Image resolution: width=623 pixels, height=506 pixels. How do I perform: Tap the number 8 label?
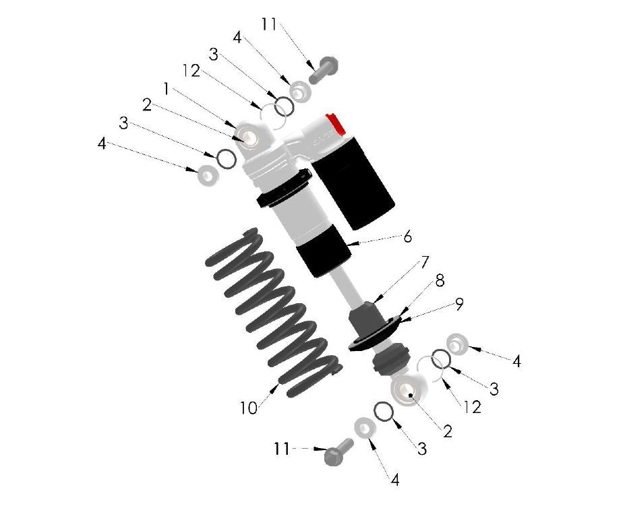[x=440, y=281]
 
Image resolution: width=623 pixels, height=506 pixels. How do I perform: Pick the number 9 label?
[x=458, y=304]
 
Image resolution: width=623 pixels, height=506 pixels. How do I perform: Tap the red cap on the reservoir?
[x=334, y=124]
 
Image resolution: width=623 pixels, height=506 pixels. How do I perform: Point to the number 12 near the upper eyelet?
[x=191, y=70]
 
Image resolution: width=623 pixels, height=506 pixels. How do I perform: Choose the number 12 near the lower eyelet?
[x=473, y=407]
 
